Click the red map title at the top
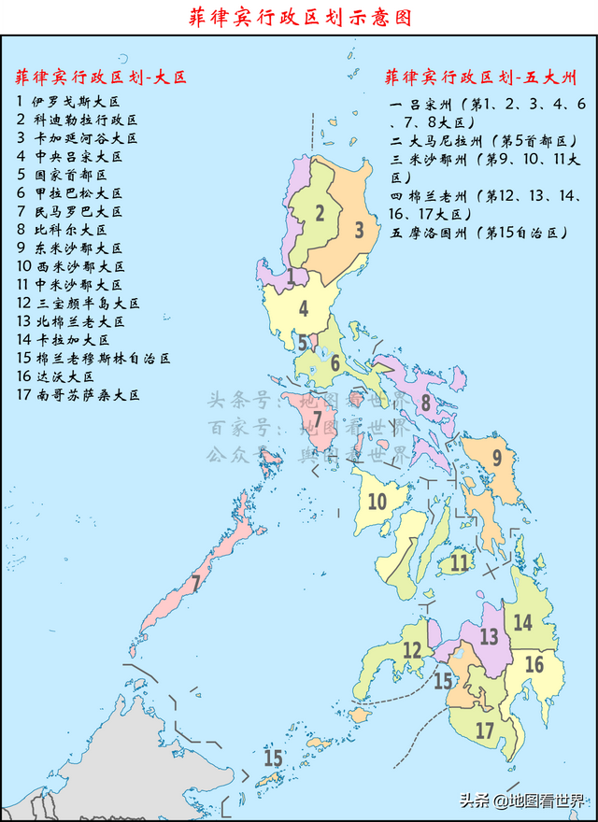(299, 17)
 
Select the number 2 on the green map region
(319, 213)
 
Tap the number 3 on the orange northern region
(358, 229)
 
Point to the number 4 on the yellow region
(303, 307)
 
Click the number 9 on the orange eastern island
(497, 458)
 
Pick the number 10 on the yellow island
(377, 502)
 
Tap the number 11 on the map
(459, 562)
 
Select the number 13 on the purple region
(489, 637)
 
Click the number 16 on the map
(534, 664)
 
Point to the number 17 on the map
(484, 729)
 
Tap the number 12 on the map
(412, 650)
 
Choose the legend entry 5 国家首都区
(63, 175)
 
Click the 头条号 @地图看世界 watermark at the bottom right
(520, 801)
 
